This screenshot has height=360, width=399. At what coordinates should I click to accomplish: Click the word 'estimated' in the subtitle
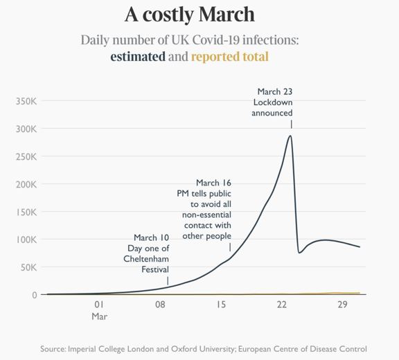[138, 56]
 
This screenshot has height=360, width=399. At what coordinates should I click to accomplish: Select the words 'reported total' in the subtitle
[229, 56]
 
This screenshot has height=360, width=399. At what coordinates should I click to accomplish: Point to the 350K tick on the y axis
[26, 101]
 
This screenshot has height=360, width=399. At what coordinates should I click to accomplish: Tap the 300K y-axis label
[26, 129]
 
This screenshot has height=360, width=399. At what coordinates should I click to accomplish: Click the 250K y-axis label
[26, 156]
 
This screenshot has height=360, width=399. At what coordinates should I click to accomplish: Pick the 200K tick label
[26, 184]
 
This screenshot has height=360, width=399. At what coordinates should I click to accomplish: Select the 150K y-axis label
[26, 212]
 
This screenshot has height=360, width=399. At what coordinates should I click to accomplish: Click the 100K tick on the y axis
[26, 240]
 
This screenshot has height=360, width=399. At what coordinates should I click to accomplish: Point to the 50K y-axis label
[28, 267]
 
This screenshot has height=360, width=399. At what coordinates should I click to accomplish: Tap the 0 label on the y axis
[34, 295]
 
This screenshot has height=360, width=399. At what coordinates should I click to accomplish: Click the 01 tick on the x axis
[99, 305]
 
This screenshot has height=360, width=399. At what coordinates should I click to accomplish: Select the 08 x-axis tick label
[160, 305]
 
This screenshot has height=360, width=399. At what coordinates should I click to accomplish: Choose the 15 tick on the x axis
[221, 305]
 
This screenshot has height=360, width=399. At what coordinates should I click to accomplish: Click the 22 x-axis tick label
[282, 305]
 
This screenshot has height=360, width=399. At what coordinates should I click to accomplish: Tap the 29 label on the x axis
[342, 305]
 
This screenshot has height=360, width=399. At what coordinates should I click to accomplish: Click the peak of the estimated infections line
[290, 136]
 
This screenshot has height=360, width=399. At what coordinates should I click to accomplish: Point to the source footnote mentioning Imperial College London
[203, 348]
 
